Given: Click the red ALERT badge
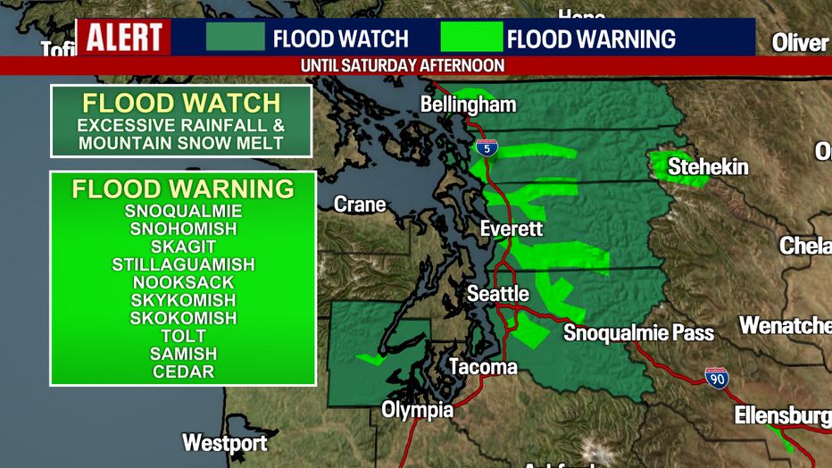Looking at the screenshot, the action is pyautogui.click(x=123, y=38).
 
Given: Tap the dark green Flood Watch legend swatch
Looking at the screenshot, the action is pyautogui.click(x=236, y=38).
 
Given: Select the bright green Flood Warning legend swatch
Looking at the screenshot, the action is pyautogui.click(x=471, y=38).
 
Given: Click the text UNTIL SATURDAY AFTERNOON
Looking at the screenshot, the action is pyautogui.click(x=403, y=66).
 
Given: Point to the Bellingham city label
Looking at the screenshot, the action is pyautogui.click(x=468, y=104).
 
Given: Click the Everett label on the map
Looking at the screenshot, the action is pyautogui.click(x=511, y=229).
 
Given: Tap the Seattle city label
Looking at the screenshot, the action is pyautogui.click(x=498, y=293).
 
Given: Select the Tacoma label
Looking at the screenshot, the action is pyautogui.click(x=482, y=366).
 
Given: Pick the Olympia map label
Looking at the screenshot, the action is pyautogui.click(x=417, y=410).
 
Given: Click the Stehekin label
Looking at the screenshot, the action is pyautogui.click(x=708, y=166).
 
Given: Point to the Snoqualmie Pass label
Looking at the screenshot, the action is pyautogui.click(x=638, y=333).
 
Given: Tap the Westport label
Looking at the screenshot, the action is pyautogui.click(x=225, y=442).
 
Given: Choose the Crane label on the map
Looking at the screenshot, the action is pyautogui.click(x=360, y=205).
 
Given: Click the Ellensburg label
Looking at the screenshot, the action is pyautogui.click(x=782, y=415).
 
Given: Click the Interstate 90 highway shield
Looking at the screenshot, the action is pyautogui.click(x=716, y=378).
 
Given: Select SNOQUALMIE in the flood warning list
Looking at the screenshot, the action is pyautogui.click(x=183, y=212).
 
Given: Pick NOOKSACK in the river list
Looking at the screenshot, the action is pyautogui.click(x=183, y=282).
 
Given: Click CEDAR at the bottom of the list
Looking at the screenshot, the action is pyautogui.click(x=183, y=372).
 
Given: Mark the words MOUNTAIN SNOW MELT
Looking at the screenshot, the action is pyautogui.click(x=181, y=143).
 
